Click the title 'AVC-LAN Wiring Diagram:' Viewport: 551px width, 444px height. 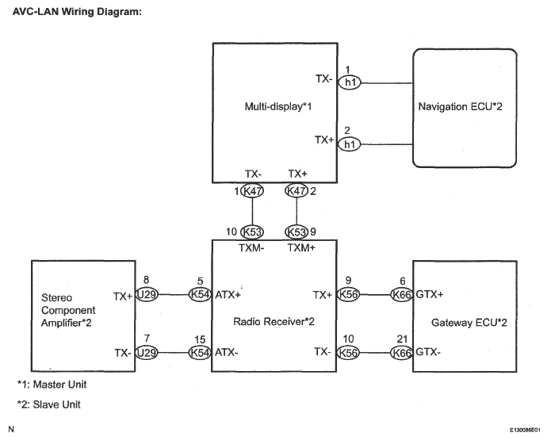coord(77,12)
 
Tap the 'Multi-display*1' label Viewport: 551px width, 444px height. coord(278,106)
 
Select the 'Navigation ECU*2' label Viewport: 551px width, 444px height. coord(460,106)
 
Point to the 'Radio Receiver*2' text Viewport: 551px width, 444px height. coord(274,322)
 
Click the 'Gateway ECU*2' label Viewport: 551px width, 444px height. coord(469,323)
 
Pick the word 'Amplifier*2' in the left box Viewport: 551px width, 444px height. coord(66,323)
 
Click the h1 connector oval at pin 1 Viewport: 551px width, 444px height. coord(350,82)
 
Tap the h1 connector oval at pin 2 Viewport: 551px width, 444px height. coord(350,144)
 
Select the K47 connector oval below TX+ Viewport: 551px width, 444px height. coord(297,191)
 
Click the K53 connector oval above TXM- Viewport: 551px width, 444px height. coord(252,232)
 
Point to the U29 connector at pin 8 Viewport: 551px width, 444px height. coord(147,294)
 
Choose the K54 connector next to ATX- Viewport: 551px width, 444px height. coord(200,352)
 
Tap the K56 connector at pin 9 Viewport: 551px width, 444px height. coord(348,294)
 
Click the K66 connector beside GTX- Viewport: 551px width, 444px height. coord(402,352)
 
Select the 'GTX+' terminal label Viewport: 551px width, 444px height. coord(430,294)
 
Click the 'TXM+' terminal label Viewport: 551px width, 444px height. coord(301,248)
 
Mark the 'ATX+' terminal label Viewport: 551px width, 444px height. coord(228,295)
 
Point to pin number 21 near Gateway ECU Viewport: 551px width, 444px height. coord(402,339)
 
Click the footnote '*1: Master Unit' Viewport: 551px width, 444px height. coord(52,385)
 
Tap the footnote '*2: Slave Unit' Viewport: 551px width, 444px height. coord(49,404)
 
